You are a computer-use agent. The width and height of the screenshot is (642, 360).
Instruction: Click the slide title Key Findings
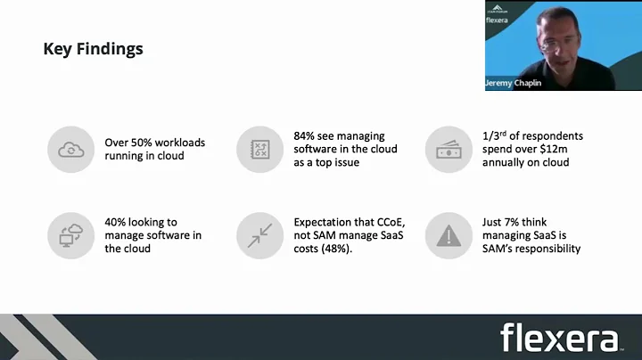coord(93,49)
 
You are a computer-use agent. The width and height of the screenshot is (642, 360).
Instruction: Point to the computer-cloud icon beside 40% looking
coord(70,235)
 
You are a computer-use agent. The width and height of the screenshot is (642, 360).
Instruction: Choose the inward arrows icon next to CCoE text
coord(259,235)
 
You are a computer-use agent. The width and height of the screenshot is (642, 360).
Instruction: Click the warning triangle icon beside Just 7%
coord(448,235)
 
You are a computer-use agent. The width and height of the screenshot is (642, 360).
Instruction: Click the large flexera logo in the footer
coord(560,339)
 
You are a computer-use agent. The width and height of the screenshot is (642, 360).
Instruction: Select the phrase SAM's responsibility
coord(531,249)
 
